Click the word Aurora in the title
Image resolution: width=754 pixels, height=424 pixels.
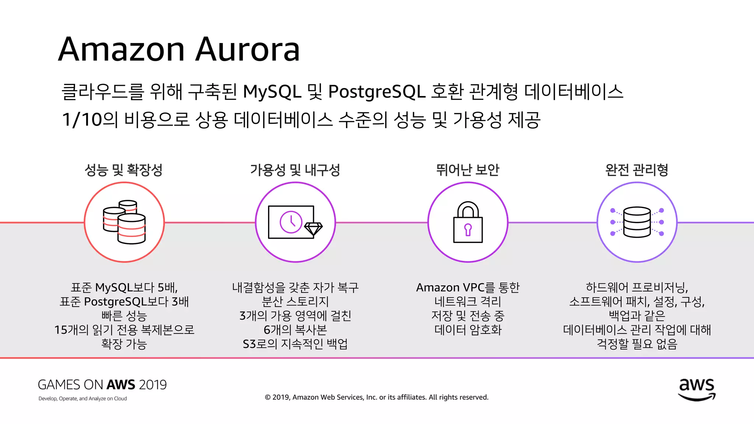click(x=247, y=50)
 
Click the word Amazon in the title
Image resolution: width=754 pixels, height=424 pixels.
click(x=121, y=50)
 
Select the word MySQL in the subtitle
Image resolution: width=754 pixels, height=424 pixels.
click(x=272, y=92)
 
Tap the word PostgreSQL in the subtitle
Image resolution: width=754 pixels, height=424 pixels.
click(x=377, y=92)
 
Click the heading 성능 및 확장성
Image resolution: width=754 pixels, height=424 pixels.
click(x=124, y=170)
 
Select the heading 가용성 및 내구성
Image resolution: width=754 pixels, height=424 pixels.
click(x=295, y=170)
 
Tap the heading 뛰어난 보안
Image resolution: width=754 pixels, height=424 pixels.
click(x=468, y=170)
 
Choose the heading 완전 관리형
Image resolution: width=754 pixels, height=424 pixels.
click(x=637, y=170)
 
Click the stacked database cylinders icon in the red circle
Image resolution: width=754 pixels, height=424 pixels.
click(x=124, y=222)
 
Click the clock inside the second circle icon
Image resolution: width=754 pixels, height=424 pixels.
click(x=291, y=222)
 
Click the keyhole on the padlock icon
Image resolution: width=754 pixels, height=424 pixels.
click(x=468, y=229)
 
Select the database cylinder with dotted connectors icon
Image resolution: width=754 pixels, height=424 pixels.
click(x=637, y=222)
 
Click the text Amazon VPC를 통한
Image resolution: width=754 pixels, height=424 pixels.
click(x=468, y=287)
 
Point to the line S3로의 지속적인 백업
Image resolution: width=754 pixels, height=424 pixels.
click(x=295, y=344)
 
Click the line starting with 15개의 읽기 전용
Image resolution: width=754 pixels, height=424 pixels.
click(x=124, y=330)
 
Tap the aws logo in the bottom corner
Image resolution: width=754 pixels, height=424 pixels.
click(x=697, y=389)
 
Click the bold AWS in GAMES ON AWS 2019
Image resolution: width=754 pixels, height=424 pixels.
click(x=121, y=385)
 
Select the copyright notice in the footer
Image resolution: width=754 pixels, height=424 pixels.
click(x=377, y=397)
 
